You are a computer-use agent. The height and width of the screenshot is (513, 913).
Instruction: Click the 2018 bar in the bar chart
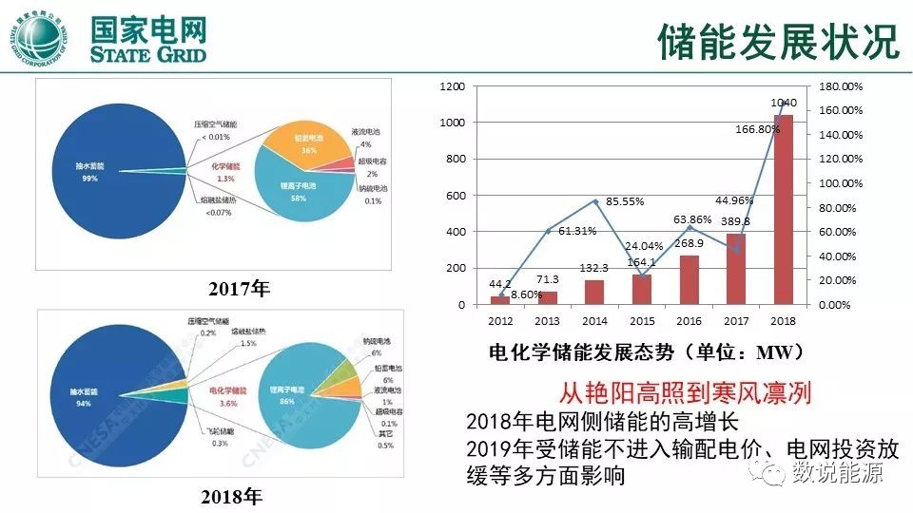pyautogui.click(x=783, y=209)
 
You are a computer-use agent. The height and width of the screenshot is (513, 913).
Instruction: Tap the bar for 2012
pyautogui.click(x=500, y=300)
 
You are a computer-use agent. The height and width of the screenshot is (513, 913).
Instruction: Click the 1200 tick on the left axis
pyautogui.click(x=452, y=86)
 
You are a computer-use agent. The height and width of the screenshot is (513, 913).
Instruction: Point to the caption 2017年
pyautogui.click(x=239, y=289)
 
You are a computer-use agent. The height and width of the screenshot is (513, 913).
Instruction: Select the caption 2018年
pyautogui.click(x=232, y=496)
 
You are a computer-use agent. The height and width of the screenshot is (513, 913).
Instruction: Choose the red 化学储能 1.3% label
pyautogui.click(x=225, y=172)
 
